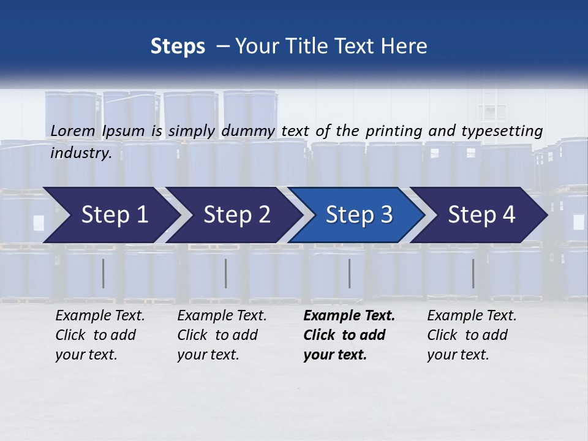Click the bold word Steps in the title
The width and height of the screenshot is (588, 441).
click(x=178, y=47)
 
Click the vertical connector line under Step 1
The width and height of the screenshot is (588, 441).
click(x=104, y=273)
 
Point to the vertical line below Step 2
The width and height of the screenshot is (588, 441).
click(x=226, y=273)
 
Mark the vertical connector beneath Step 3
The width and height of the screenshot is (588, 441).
click(x=349, y=273)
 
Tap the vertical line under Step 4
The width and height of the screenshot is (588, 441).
click(x=473, y=273)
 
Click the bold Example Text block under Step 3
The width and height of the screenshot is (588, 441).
click(x=348, y=335)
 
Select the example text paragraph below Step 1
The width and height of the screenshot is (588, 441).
click(x=100, y=335)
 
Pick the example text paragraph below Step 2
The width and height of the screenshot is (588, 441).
click(x=222, y=335)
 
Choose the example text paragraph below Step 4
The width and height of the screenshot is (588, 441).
click(x=472, y=335)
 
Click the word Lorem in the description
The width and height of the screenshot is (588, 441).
click(x=73, y=130)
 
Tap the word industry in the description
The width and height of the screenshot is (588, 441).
click(x=80, y=153)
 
